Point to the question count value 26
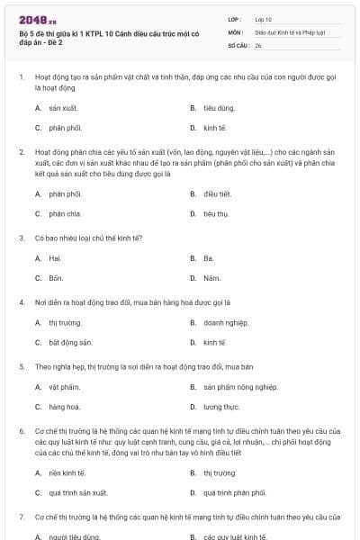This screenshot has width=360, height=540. point(258,44)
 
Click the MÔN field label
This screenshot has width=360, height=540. point(236,31)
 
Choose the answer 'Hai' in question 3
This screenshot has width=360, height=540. point(54,257)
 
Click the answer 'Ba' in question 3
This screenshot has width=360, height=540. point(209,257)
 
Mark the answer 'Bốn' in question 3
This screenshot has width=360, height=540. point(56,278)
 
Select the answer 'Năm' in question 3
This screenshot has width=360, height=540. point(211,278)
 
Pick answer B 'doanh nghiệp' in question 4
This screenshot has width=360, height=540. point(225,321)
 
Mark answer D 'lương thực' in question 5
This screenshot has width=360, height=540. point(221,407)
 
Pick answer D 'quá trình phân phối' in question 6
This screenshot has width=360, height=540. point(235,492)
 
